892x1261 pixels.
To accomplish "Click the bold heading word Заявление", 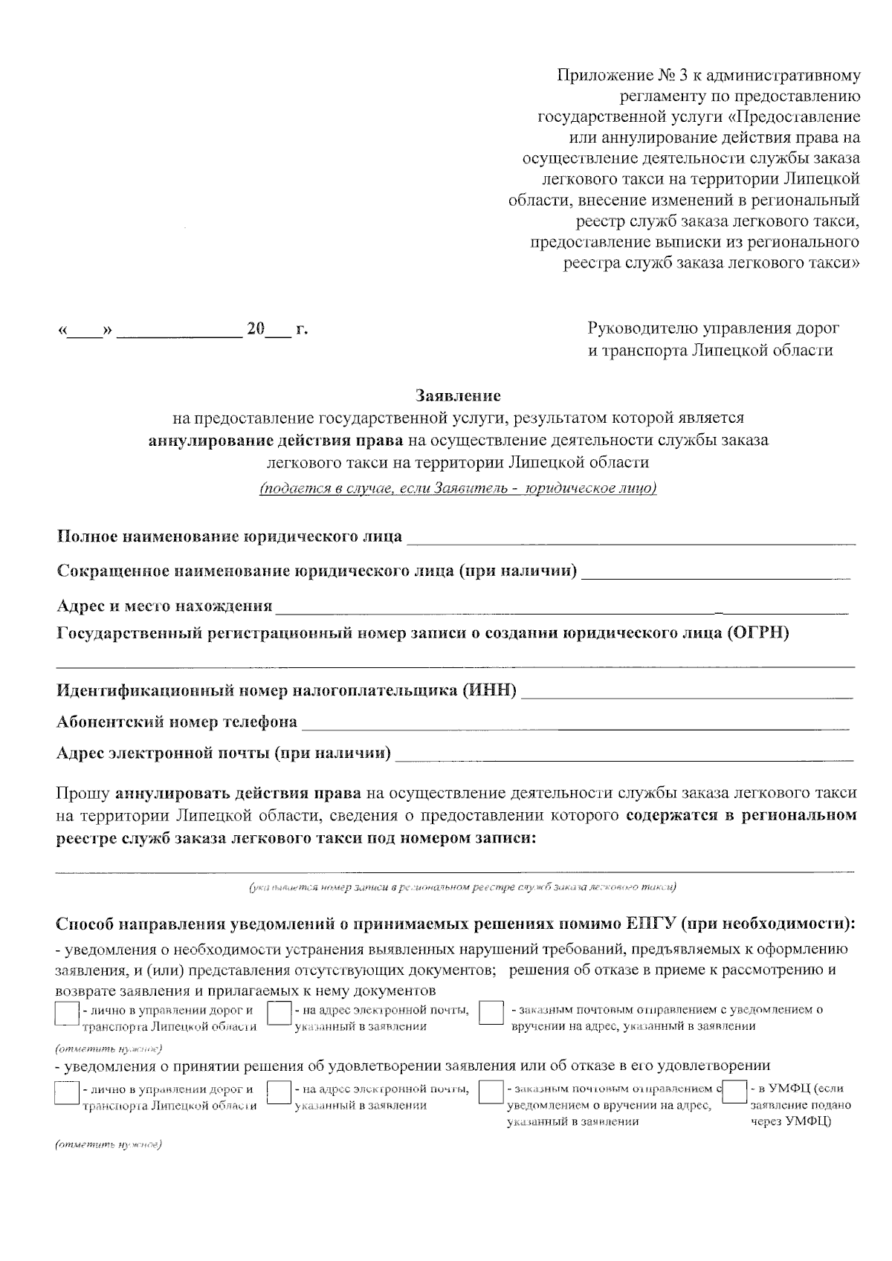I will [458, 395].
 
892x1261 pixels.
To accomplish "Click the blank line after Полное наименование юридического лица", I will [631, 538].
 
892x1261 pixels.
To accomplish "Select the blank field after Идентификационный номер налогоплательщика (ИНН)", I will [688, 693].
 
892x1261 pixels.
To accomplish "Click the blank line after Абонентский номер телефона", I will [576, 723].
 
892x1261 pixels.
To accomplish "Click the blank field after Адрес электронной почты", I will [624, 756].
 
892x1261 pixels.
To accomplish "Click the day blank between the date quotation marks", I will [85, 330].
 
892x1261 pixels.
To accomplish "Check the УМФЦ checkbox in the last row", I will [734, 1093].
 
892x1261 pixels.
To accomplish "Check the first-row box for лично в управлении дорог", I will [67, 1014].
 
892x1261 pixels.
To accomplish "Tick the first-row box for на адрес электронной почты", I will [279, 1014].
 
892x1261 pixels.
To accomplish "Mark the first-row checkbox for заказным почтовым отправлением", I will [491, 1014].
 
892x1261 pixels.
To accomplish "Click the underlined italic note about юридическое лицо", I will [458, 489].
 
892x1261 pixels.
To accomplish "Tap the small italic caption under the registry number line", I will [462, 887].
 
